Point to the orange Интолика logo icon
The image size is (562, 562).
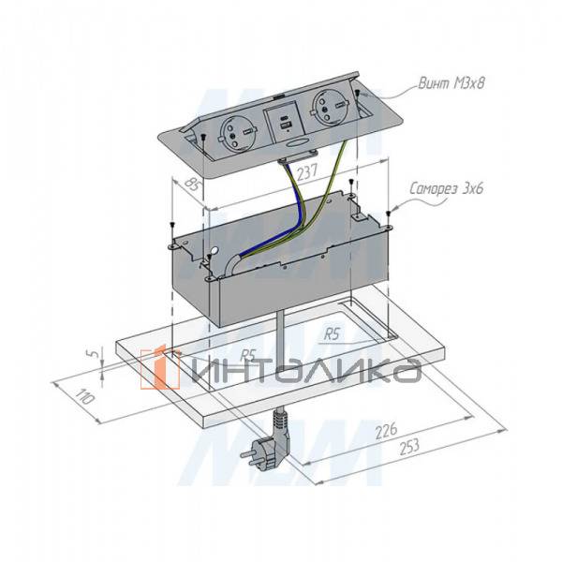click(160, 369)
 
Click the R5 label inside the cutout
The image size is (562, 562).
click(331, 333)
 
